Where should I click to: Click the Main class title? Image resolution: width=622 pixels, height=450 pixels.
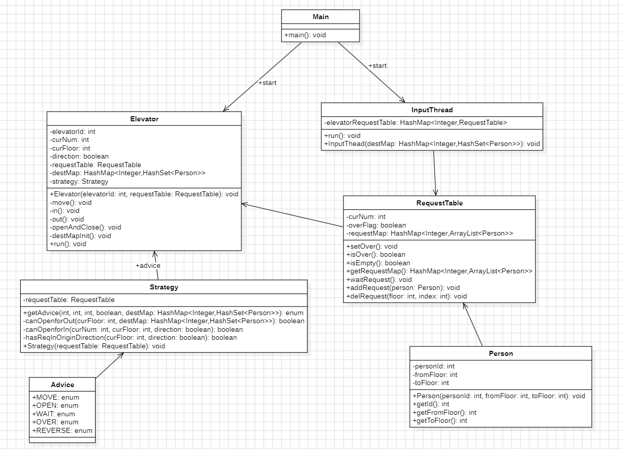(320, 17)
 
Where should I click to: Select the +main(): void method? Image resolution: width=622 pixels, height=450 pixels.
(305, 35)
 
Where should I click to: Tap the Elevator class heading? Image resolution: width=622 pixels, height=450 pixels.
(144, 119)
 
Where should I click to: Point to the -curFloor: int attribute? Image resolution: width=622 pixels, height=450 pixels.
(70, 148)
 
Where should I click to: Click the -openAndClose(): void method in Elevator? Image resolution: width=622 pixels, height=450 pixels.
(85, 227)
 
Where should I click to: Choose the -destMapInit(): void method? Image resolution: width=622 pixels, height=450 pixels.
(80, 236)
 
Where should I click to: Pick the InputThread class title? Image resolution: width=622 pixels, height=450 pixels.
(431, 110)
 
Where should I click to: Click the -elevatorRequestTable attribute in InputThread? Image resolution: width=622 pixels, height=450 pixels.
(415, 122)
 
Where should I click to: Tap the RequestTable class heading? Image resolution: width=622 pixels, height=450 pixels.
(439, 203)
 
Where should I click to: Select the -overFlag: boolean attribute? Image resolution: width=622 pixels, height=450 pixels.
(376, 225)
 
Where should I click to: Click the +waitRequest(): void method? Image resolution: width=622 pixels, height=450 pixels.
(379, 279)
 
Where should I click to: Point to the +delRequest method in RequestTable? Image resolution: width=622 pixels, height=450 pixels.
(406, 296)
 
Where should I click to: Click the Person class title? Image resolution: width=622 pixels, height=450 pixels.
(500, 353)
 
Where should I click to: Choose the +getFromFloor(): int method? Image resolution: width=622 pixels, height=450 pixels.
(444, 412)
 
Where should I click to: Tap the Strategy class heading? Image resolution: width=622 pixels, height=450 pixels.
(164, 287)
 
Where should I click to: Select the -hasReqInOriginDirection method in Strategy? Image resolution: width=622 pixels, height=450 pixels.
(130, 337)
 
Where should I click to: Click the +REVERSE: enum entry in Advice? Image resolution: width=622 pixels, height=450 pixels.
(62, 430)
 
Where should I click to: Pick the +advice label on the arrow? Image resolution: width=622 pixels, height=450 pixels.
(148, 265)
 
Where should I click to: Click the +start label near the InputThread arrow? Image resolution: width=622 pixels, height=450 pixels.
(377, 65)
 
